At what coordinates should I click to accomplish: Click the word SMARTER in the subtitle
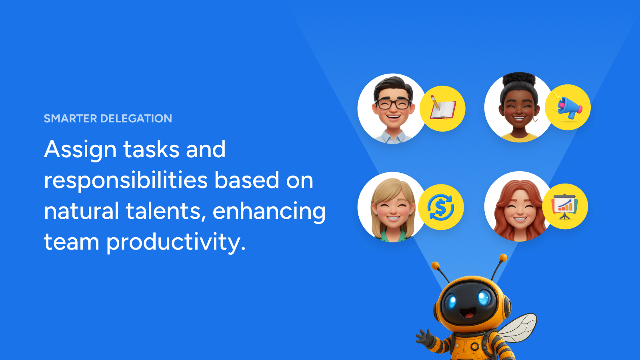click(70, 118)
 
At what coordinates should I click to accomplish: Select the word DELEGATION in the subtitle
click(136, 118)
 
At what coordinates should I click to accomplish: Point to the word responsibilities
click(126, 180)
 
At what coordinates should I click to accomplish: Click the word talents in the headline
click(166, 211)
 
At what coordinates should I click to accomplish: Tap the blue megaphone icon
click(568, 107)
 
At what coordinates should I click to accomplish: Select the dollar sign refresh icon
click(440, 207)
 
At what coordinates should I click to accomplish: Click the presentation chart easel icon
click(564, 206)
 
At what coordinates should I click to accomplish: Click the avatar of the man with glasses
click(392, 108)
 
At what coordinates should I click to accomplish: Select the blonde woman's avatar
click(392, 207)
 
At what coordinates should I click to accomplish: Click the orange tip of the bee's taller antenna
click(503, 258)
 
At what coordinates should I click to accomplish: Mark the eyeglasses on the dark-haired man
click(394, 104)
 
